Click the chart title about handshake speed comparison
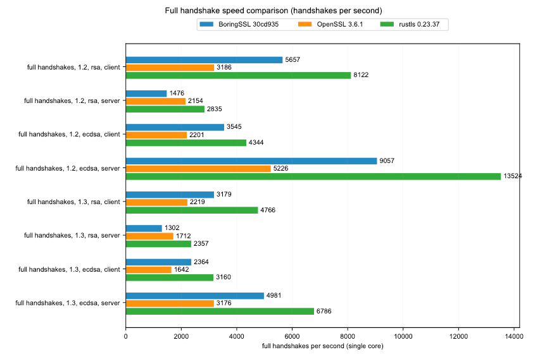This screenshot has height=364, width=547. pyautogui.click(x=273, y=11)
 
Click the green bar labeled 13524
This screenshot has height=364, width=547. pyautogui.click(x=313, y=176)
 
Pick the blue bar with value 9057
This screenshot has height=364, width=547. pyautogui.click(x=251, y=161)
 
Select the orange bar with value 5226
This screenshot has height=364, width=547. pyautogui.click(x=198, y=169)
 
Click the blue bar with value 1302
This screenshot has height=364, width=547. pyautogui.click(x=144, y=228)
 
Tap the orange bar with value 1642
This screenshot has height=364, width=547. pyautogui.click(x=149, y=270)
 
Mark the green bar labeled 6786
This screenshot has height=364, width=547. pyautogui.click(x=220, y=311)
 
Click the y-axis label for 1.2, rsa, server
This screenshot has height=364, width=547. pyautogui.click(x=72, y=101)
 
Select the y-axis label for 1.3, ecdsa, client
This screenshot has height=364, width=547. pyautogui.click(x=69, y=270)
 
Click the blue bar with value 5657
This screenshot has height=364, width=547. pyautogui.click(x=204, y=60)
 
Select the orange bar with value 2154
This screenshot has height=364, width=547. pyautogui.click(x=156, y=101)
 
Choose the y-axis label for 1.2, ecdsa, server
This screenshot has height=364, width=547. pyautogui.click(x=69, y=169)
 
